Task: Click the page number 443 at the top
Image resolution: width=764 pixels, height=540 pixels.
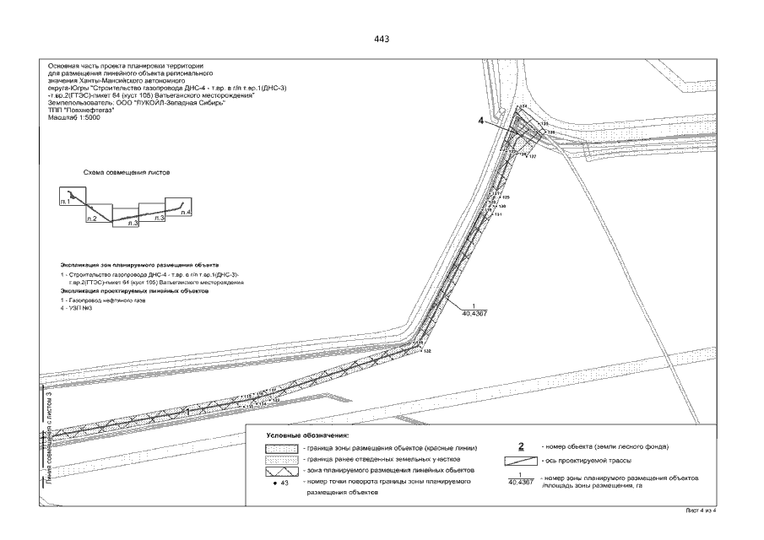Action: [x=382, y=40]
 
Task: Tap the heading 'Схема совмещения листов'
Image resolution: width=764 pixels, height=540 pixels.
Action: [x=127, y=172]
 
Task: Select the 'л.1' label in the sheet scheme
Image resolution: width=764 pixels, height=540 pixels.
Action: [x=64, y=203]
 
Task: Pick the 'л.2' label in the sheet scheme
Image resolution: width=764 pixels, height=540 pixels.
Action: [x=90, y=219]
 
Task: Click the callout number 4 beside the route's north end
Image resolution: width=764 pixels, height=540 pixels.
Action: [x=481, y=121]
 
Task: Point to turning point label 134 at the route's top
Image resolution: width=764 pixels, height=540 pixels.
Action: [x=523, y=106]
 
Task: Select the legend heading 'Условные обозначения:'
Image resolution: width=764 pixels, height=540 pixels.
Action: [x=302, y=435]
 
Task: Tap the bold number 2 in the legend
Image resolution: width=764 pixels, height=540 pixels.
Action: [x=521, y=445]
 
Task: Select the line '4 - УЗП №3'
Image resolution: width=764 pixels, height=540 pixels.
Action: [x=70, y=308]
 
